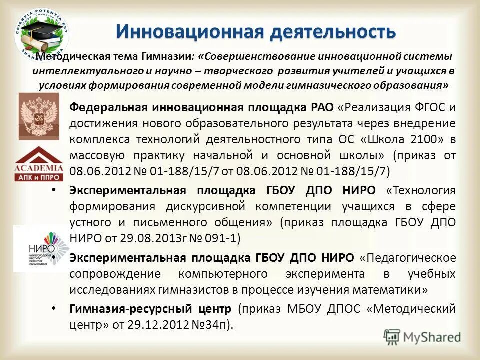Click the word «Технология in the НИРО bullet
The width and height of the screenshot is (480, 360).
click(421, 190)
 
